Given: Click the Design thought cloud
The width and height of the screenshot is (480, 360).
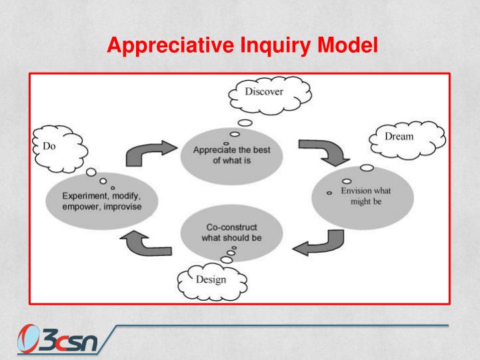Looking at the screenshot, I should tap(211, 280).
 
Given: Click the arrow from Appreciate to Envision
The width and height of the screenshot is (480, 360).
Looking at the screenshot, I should tap(324, 151).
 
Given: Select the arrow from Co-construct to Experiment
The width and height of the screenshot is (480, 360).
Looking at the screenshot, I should tap(148, 243).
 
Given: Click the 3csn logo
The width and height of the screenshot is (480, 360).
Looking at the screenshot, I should tap(58, 340).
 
